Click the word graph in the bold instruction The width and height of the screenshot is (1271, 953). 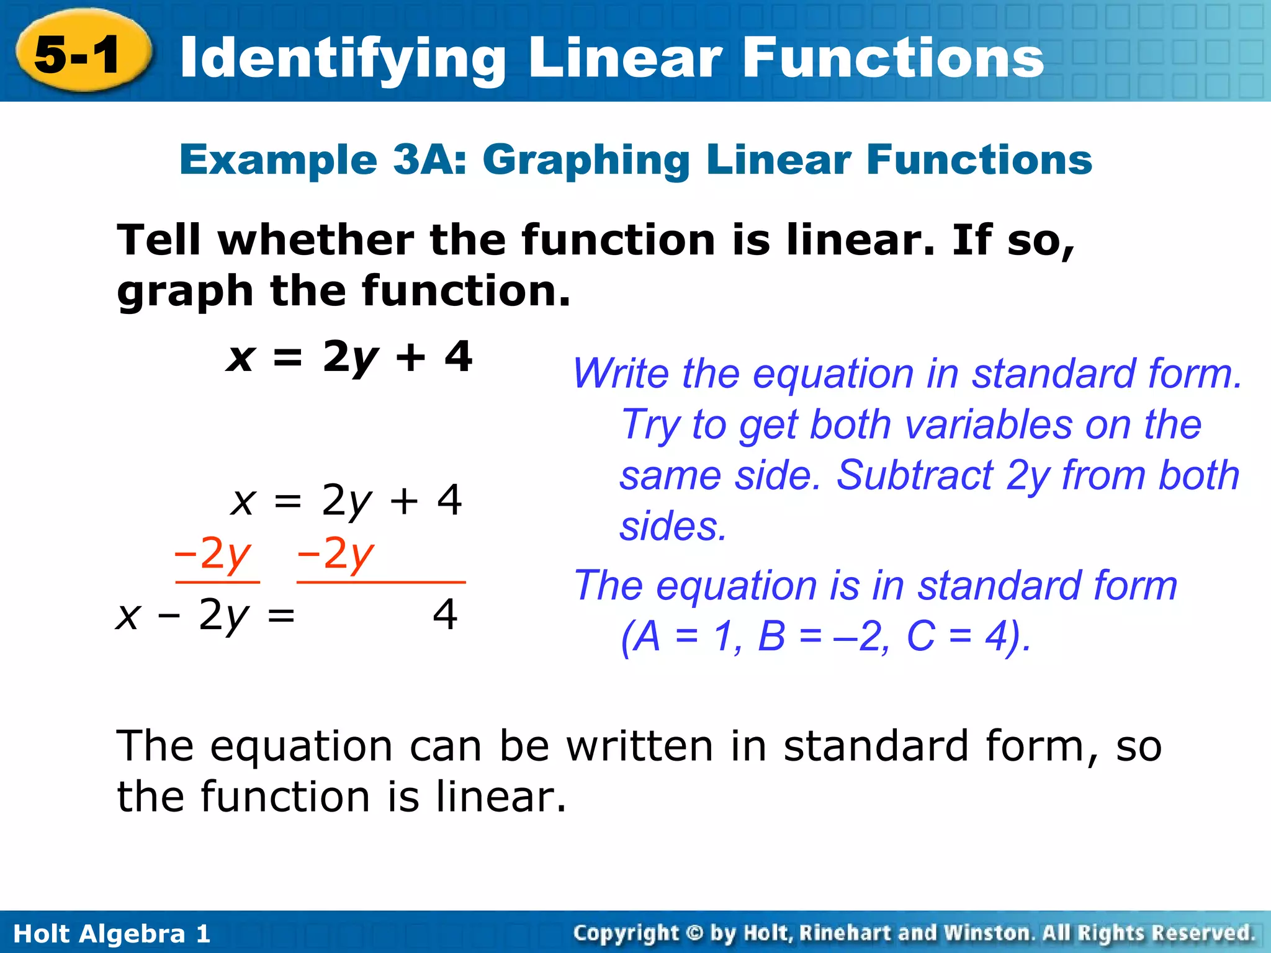pyautogui.click(x=185, y=292)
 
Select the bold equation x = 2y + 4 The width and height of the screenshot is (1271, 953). pyautogui.click(x=349, y=358)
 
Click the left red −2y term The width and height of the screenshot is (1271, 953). pyautogui.click(x=213, y=554)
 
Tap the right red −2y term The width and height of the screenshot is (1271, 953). pyautogui.click(x=336, y=554)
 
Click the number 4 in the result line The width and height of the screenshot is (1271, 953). pyautogui.click(x=445, y=615)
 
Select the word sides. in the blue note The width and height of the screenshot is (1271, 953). pyautogui.click(x=673, y=527)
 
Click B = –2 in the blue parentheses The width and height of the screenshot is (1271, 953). pyautogui.click(x=819, y=637)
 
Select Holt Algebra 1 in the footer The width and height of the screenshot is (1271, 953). pyautogui.click(x=112, y=934)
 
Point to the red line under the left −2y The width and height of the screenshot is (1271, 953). pyautogui.click(x=217, y=583)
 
